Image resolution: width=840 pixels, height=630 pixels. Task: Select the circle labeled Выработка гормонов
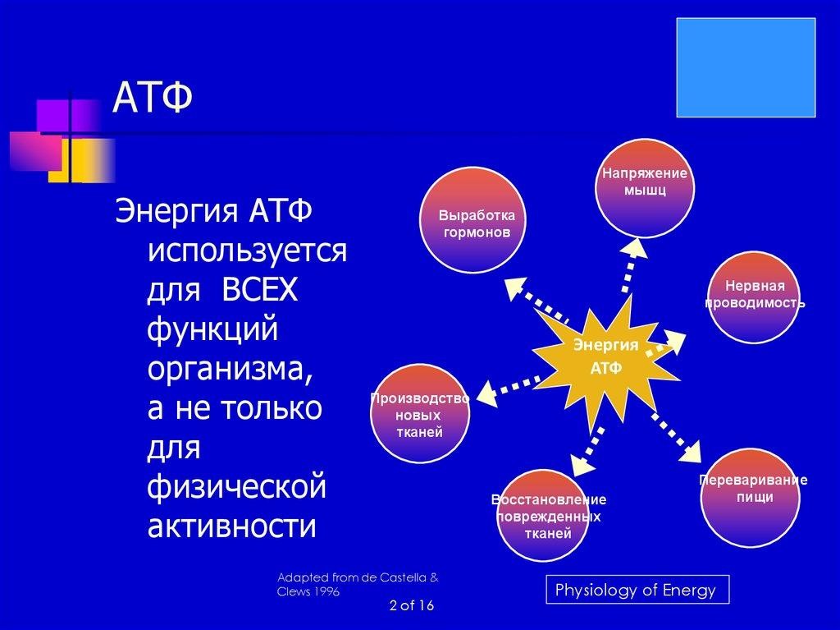click(472, 220)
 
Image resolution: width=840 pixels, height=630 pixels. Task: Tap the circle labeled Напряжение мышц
click(645, 188)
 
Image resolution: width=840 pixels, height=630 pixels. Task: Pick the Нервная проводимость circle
click(755, 297)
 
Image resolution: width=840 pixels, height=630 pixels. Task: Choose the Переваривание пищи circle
click(750, 497)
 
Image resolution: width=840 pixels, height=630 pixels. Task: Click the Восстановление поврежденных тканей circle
click(543, 515)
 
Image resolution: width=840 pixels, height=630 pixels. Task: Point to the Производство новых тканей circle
click(420, 413)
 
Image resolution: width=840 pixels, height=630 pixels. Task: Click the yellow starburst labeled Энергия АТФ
click(605, 363)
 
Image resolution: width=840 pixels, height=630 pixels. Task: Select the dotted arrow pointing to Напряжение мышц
click(632, 265)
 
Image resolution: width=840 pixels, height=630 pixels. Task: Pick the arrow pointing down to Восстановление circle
click(586, 452)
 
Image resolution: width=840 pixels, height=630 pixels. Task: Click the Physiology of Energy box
click(637, 589)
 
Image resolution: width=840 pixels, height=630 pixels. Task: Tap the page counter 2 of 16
click(412, 606)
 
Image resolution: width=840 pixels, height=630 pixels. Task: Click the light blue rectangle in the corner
click(746, 67)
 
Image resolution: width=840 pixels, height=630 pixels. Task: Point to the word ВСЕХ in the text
click(259, 290)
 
